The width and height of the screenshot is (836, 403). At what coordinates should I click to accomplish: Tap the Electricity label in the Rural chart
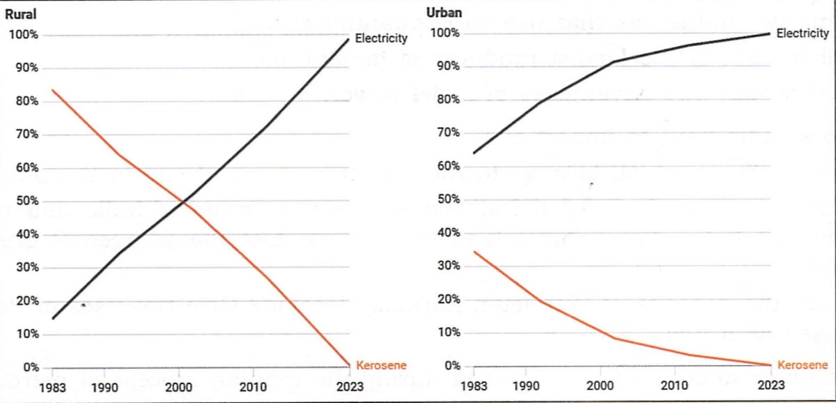pos(380,38)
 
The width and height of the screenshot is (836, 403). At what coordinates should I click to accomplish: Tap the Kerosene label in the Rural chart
pos(381,365)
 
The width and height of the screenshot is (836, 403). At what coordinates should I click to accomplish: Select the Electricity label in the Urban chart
pos(802,33)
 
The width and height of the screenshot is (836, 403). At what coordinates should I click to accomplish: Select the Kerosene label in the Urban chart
pos(802,365)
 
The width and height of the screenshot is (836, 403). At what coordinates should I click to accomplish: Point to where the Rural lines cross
pos(183,202)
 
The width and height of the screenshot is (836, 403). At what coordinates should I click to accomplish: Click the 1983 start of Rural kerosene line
pos(53,90)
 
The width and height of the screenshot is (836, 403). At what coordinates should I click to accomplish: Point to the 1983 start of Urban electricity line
pos(474,153)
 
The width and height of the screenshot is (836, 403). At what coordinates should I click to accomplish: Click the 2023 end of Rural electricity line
pos(348,40)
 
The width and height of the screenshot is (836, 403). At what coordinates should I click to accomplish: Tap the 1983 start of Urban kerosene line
pos(474,252)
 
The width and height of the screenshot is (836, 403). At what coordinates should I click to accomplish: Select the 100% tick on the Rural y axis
pos(25,35)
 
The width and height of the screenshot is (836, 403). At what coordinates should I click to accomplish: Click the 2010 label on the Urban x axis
pos(673,385)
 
